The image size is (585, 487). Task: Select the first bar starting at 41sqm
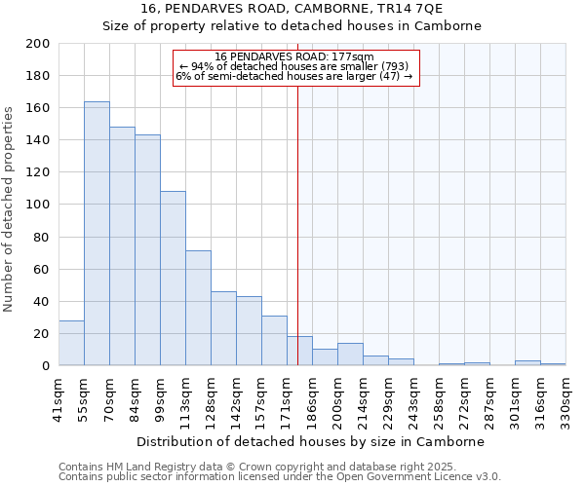[71, 343]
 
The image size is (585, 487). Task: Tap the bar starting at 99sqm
[173, 279]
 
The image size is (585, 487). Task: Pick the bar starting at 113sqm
[198, 308]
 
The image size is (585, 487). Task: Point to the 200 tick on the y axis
[39, 44]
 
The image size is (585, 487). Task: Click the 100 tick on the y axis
[39, 205]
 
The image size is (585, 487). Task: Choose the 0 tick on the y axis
[46, 366]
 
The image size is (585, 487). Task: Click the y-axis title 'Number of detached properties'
[9, 205]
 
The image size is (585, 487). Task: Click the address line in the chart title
[292, 8]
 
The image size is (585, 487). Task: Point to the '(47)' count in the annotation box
[389, 76]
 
